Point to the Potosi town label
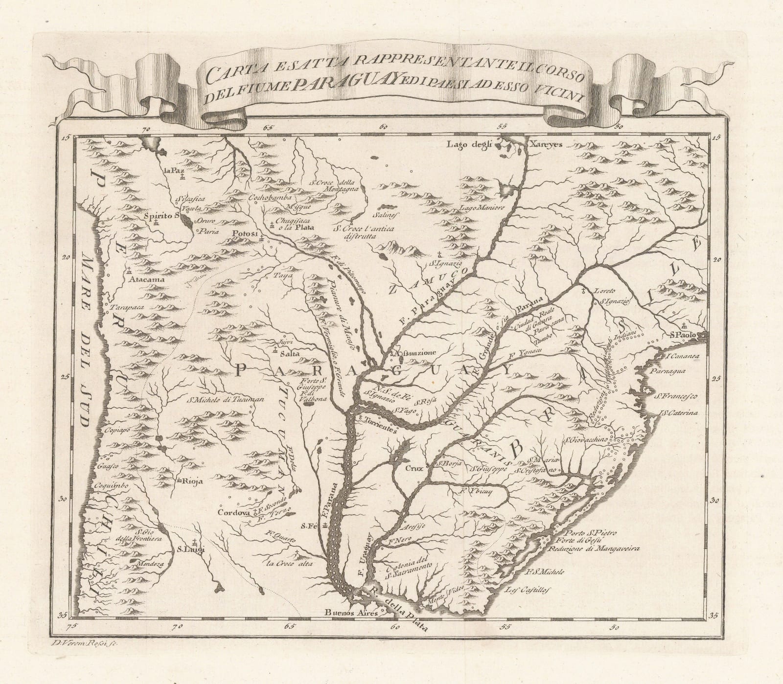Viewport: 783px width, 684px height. tap(244, 233)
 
